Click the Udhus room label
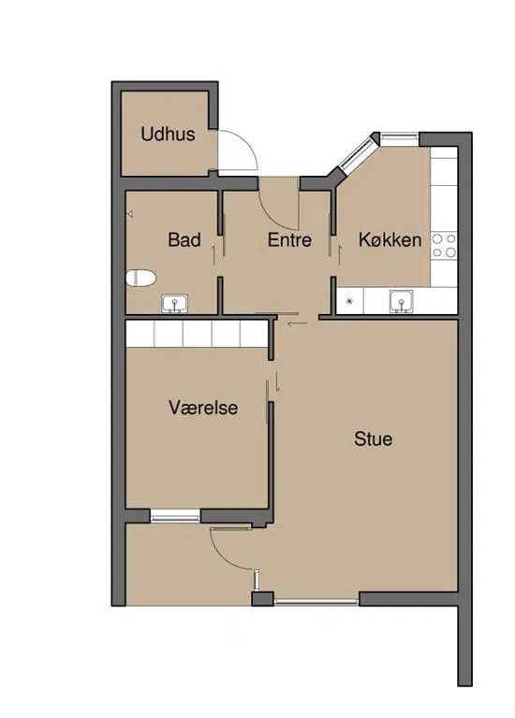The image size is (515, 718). click(x=168, y=135)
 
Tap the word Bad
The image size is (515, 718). click(x=184, y=239)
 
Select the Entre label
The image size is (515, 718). click(x=289, y=239)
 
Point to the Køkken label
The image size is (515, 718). click(x=390, y=239)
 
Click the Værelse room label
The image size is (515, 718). click(x=203, y=408)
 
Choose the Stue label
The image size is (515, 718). click(x=374, y=438)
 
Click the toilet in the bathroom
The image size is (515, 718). click(x=140, y=278)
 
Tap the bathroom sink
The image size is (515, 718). click(x=175, y=304)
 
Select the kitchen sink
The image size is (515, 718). click(x=402, y=302)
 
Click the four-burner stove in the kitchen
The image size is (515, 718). click(x=444, y=246)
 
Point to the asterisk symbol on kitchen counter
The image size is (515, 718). click(x=350, y=301)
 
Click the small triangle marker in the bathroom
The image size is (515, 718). click(x=130, y=214)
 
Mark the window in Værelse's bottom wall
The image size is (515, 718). click(x=175, y=516)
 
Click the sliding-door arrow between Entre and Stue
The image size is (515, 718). click(x=297, y=324)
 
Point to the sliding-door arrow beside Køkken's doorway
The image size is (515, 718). click(x=340, y=255)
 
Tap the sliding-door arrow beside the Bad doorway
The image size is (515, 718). click(x=213, y=254)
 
